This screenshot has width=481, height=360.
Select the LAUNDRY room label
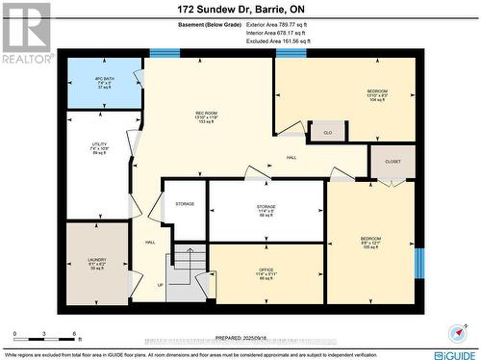(96, 263)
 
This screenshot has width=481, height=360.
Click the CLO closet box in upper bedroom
(327, 132)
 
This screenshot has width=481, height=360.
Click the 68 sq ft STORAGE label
(266, 210)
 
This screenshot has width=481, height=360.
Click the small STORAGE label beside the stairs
(185, 204)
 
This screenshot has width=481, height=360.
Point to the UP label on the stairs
(160, 285)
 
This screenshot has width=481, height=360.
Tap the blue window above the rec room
(165, 53)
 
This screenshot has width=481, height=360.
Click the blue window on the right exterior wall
(418, 263)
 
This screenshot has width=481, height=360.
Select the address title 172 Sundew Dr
(240, 9)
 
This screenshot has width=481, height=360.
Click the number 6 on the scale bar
(75, 334)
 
